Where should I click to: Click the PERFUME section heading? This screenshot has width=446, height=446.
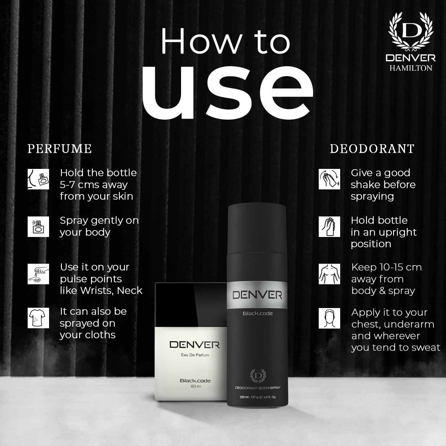tap(59, 149)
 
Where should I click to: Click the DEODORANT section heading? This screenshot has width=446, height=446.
tap(372, 149)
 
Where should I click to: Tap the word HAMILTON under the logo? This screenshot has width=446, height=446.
tap(411, 68)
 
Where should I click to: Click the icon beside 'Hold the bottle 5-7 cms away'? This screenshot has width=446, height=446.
tap(38, 179)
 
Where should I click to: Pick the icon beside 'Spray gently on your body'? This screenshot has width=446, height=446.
tap(38, 227)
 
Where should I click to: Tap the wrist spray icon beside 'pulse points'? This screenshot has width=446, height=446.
tap(38, 274)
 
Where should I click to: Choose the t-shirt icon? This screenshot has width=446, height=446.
tap(38, 318)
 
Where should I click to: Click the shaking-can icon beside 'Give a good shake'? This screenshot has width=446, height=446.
tap(329, 179)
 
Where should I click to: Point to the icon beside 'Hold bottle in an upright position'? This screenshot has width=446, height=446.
tap(329, 227)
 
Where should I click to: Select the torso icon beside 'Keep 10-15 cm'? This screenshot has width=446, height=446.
tap(329, 274)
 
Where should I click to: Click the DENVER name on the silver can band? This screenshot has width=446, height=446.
tap(257, 295)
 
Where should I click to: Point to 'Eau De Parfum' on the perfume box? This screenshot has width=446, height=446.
tap(195, 355)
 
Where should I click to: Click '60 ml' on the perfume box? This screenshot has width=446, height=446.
tap(195, 386)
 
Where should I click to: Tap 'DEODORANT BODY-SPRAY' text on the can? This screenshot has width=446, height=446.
tap(257, 388)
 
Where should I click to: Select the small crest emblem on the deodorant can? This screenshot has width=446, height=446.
tap(257, 376)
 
